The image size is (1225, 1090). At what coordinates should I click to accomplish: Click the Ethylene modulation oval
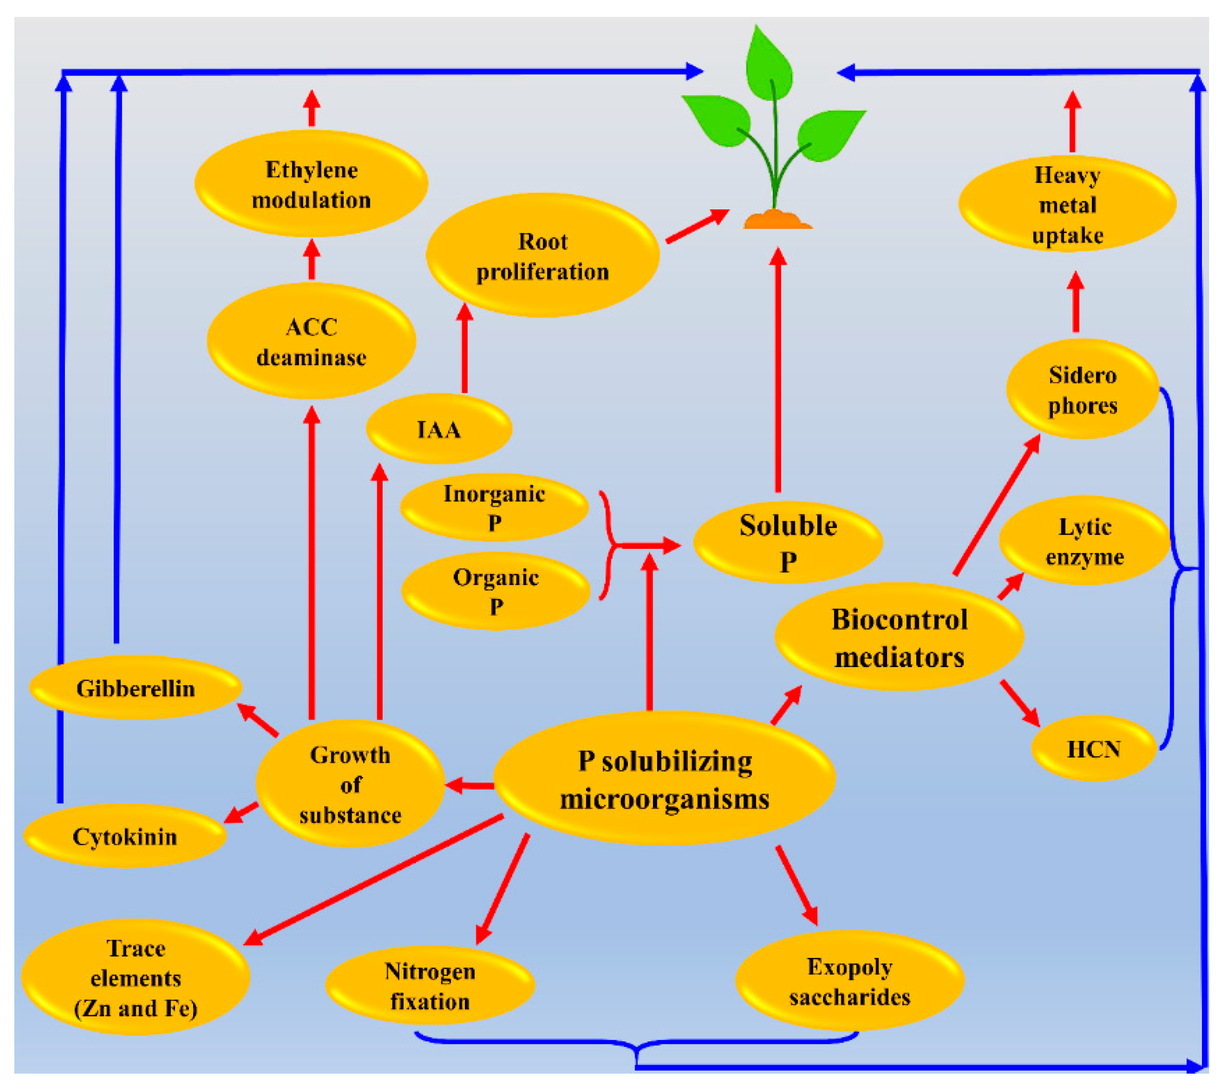click(311, 184)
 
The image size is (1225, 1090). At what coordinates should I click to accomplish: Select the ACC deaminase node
click(311, 341)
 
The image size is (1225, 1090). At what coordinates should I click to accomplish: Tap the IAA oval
click(439, 429)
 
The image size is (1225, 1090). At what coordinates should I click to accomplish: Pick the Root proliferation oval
click(542, 256)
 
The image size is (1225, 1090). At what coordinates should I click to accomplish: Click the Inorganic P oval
click(494, 507)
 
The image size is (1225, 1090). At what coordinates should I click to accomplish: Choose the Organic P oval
click(496, 591)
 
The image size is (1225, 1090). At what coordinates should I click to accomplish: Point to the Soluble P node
click(788, 542)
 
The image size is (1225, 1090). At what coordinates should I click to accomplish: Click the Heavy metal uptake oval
click(1067, 204)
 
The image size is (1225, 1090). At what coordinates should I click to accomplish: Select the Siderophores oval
click(1082, 390)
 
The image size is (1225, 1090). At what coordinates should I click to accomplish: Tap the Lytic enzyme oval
click(1084, 541)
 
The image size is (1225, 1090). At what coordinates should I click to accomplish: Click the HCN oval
click(1093, 749)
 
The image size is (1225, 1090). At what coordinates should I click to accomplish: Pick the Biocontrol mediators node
click(898, 637)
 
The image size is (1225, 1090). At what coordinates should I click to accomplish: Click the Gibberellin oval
click(135, 688)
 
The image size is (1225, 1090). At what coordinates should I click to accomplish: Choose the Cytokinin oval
click(124, 836)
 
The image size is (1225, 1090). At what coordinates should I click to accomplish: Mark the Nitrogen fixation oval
click(430, 986)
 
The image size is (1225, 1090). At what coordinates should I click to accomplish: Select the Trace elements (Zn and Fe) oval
click(135, 978)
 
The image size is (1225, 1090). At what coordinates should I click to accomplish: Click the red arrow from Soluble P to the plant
click(777, 372)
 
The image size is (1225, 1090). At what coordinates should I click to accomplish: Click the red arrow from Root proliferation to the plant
click(696, 226)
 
